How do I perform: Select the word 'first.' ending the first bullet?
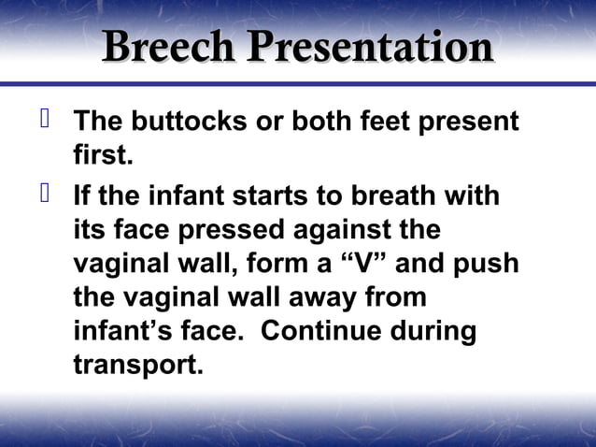pos(103,155)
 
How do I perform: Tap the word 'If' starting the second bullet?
pos(83,197)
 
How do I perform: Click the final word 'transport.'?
pos(137,365)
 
